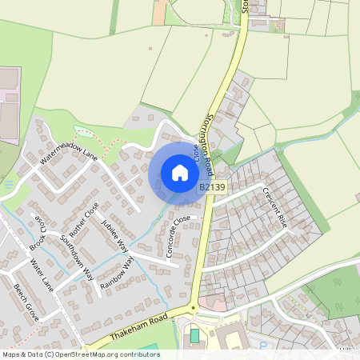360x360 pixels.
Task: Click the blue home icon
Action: pos(180,173)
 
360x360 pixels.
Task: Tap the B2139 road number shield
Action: pos(210,186)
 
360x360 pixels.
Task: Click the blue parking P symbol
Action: pos(264,345)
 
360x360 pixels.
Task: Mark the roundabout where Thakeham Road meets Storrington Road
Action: pos(192,308)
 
